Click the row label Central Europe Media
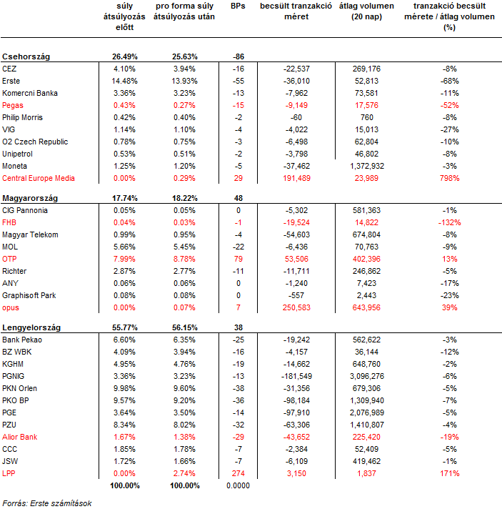click(x=39, y=178)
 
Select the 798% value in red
click(x=449, y=178)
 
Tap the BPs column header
click(x=238, y=6)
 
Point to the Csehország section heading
click(x=26, y=56)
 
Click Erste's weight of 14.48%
click(x=124, y=81)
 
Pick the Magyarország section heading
click(x=30, y=198)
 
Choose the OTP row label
click(x=9, y=259)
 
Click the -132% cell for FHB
click(x=449, y=223)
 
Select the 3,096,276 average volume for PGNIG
click(x=367, y=376)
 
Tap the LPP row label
click(x=9, y=473)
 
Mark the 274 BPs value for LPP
click(x=239, y=473)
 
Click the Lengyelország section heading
click(x=31, y=327)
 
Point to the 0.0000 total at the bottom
click(x=238, y=485)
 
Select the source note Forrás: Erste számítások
click(x=47, y=503)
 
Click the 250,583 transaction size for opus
click(x=296, y=307)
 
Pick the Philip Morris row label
click(x=22, y=117)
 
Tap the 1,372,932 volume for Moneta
click(x=367, y=166)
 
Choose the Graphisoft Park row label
click(x=29, y=295)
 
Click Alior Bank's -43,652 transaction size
click(x=296, y=437)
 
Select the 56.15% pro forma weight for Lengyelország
click(x=184, y=327)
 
